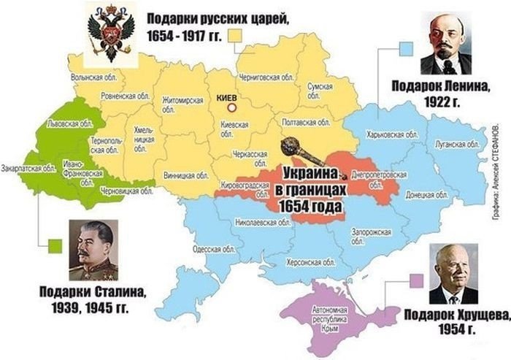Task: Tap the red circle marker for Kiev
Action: [231, 107]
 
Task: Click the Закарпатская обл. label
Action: [29, 167]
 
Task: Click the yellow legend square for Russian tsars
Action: [235, 35]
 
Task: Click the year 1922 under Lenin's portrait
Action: [442, 102]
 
